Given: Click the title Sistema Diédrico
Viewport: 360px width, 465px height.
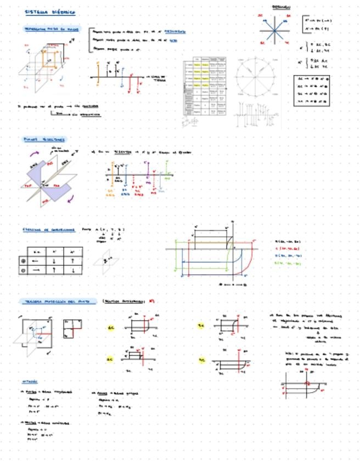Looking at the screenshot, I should coord(50,12).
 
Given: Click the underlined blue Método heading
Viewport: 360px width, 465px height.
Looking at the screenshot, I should coord(30,381).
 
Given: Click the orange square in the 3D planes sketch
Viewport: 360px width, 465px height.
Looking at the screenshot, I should coord(51,59).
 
